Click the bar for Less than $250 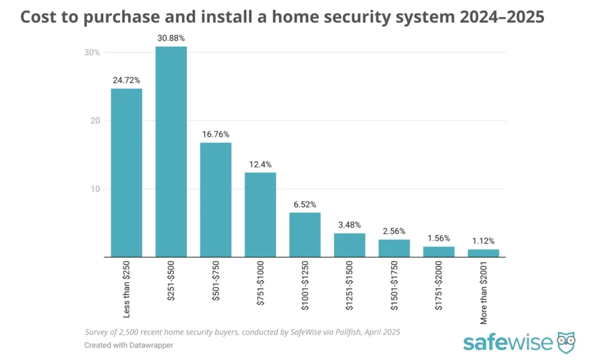(126, 173)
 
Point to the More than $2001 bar (483, 253)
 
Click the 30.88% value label (171, 39)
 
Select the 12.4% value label (260, 165)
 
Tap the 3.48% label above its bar (349, 225)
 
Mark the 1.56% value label (438, 238)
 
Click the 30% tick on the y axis (92, 52)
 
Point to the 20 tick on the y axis (95, 120)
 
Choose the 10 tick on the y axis (95, 189)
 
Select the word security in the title (379, 17)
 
